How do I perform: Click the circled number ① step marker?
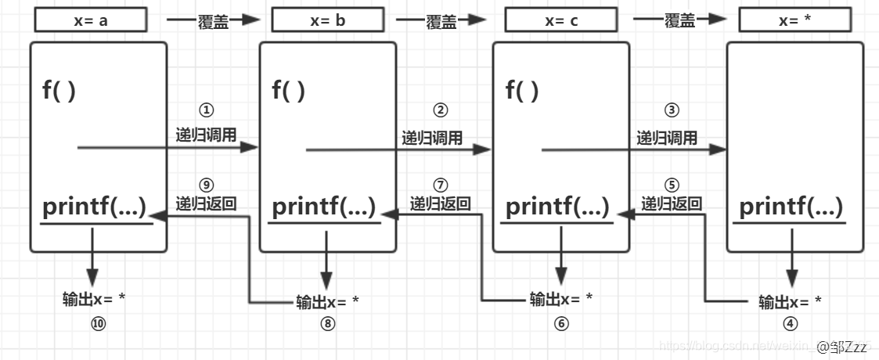coord(207,111)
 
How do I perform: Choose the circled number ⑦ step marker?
coord(440,185)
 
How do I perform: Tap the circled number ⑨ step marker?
coord(207,185)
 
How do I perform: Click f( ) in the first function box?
coord(59,91)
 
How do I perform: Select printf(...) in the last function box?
coord(791,207)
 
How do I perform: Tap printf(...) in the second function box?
coord(323,207)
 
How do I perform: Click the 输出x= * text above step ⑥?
coord(560,299)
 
